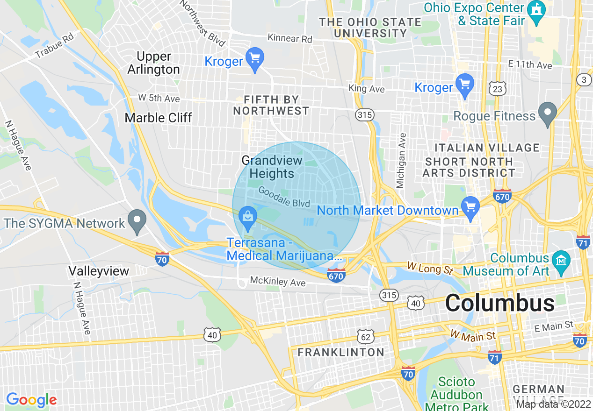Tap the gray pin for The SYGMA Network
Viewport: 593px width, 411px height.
pos(137,222)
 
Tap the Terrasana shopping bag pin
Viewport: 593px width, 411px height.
pos(247,217)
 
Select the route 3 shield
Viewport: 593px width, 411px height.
pos(584,80)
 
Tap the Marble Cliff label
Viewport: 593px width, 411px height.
pos(158,118)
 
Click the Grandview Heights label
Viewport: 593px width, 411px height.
pos(272,167)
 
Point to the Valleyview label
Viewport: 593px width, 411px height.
pos(99,271)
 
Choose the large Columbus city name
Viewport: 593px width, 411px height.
pos(500,303)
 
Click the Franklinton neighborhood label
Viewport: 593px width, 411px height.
pos(341,352)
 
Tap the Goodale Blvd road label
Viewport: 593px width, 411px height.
pos(284,198)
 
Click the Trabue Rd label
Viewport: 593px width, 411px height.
pos(54,46)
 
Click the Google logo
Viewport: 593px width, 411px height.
pos(31,400)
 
